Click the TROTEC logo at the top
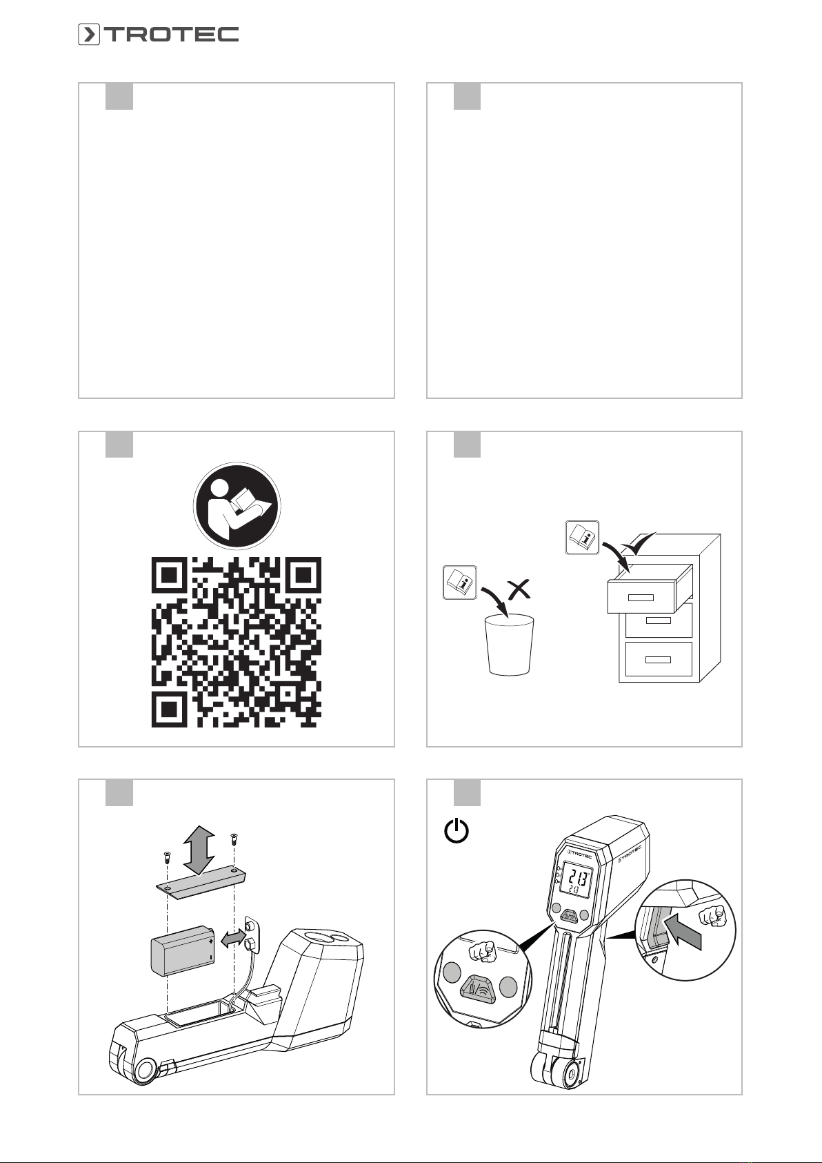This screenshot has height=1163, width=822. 159,34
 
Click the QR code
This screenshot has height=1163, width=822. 237,642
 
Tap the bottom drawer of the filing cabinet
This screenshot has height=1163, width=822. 659,659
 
